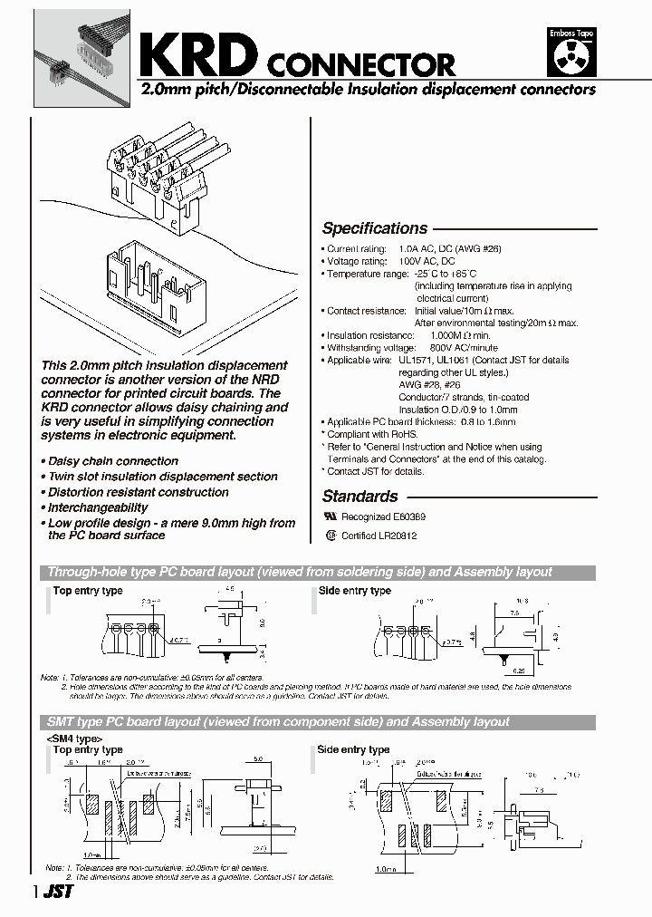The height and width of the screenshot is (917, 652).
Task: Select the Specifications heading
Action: click(x=374, y=228)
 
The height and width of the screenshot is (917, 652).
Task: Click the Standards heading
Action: click(x=360, y=496)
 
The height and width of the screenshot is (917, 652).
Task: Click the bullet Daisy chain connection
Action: click(x=112, y=461)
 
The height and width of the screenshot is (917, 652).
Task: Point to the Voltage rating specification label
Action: click(x=358, y=261)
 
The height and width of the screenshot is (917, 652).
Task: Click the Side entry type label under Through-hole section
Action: click(x=354, y=591)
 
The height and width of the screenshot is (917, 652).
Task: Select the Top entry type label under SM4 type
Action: click(x=87, y=749)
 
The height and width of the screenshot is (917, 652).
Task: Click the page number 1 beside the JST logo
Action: click(x=36, y=892)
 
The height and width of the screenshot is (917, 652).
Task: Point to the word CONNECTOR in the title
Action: click(x=359, y=64)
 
